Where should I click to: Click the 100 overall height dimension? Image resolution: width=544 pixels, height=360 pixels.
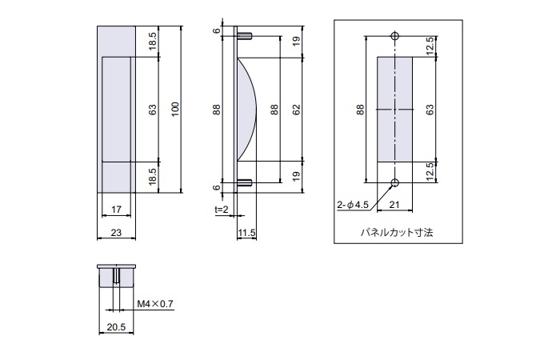click(x=175, y=110)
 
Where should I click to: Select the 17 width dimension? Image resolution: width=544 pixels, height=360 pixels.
click(x=116, y=210)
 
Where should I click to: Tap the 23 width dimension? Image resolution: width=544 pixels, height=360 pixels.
click(x=116, y=232)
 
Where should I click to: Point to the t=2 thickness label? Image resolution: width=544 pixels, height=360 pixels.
click(x=222, y=210)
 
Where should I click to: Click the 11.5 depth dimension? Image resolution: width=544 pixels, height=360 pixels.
click(x=247, y=232)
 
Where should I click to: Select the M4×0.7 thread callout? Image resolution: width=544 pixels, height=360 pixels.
click(x=155, y=304)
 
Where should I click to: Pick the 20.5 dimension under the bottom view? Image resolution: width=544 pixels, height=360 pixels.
click(x=116, y=326)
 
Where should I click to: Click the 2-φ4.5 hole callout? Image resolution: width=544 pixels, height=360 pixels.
click(x=353, y=205)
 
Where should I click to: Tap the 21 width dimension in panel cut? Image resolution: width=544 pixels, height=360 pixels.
click(x=394, y=205)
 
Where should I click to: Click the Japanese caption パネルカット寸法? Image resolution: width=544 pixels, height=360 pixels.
click(x=397, y=232)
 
